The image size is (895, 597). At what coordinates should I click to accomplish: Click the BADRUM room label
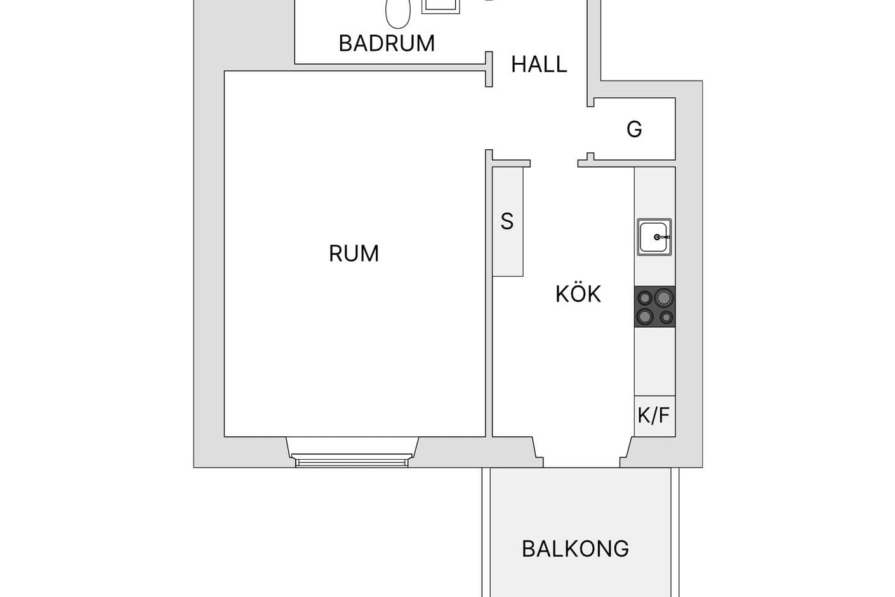387,43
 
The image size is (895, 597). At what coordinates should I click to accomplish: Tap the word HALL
539,64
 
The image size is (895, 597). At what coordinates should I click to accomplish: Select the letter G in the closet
634,129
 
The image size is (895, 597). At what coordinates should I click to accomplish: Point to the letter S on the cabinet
507,222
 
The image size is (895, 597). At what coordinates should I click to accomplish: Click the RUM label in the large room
354,253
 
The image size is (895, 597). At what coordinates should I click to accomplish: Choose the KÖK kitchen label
578,294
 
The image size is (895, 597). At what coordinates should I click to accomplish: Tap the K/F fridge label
654,415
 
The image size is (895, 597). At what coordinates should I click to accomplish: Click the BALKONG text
575,549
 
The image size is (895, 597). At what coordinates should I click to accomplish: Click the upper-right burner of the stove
664,297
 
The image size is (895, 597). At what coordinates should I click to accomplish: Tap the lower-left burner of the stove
646,316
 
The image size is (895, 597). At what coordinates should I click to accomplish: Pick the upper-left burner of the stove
645,298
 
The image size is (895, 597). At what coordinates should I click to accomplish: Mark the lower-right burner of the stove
666,317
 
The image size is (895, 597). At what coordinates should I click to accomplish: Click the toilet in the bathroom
398,13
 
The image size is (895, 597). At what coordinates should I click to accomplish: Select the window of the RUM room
352,460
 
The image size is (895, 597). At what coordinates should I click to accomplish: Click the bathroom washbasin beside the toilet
441,5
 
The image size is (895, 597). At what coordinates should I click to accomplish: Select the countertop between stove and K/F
654,361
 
